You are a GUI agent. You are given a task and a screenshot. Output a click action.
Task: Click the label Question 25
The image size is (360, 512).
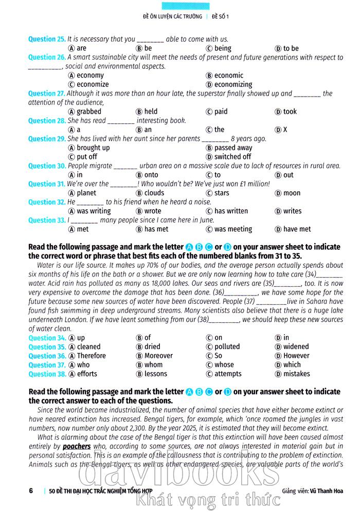click(x=47, y=39)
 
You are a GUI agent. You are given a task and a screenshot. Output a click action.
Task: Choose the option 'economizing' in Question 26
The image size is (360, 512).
click(x=233, y=84)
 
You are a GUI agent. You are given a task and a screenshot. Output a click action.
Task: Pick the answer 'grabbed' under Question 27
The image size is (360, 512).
click(x=89, y=112)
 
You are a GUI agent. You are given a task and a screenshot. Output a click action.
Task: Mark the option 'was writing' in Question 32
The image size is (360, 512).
click(x=94, y=211)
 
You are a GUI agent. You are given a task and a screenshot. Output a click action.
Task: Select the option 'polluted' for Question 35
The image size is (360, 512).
click(x=227, y=346)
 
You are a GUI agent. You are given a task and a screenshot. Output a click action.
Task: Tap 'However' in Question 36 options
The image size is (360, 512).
click(x=296, y=356)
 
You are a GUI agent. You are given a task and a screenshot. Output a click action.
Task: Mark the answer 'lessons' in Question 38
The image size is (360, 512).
click(x=156, y=374)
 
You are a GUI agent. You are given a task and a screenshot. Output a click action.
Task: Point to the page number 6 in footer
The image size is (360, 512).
click(x=31, y=490)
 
